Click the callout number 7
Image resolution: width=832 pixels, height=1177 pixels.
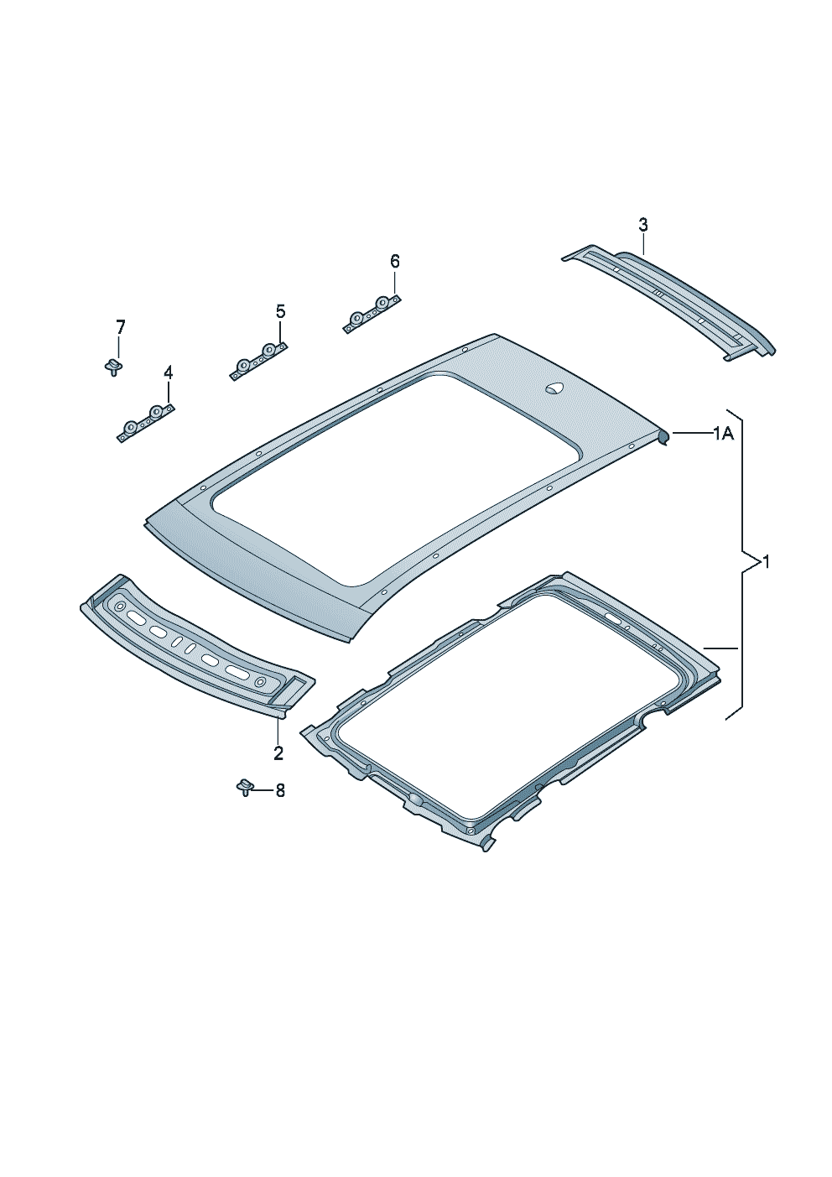click(x=120, y=327)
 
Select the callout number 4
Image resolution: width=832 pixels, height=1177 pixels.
click(x=168, y=373)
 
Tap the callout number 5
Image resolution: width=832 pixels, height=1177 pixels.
click(x=280, y=311)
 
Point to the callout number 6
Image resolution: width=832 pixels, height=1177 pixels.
click(x=394, y=261)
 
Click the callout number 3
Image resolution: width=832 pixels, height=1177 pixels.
click(x=643, y=225)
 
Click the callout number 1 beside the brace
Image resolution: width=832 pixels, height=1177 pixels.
click(x=766, y=562)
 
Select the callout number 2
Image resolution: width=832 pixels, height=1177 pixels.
click(x=278, y=753)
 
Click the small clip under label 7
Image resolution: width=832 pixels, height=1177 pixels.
click(x=113, y=367)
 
